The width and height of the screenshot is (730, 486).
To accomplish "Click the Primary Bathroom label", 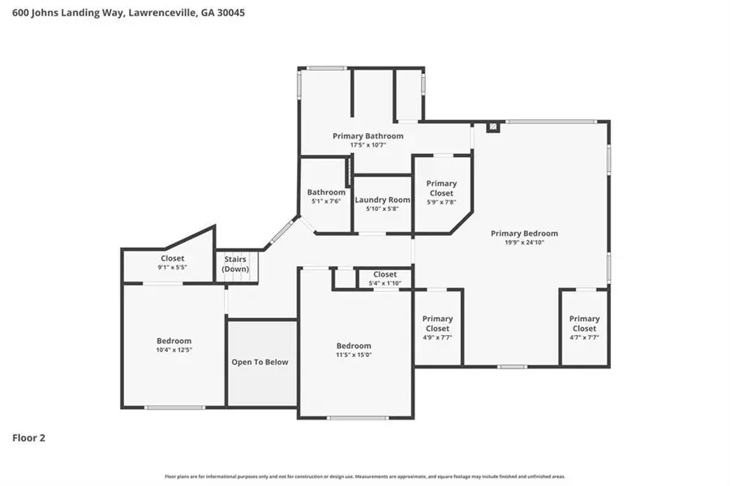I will (x=367, y=135).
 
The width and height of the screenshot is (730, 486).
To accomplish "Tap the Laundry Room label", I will (x=382, y=200).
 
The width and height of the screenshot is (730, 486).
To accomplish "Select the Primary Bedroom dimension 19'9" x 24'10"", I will (x=524, y=243).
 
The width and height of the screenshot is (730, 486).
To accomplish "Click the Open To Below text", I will (x=260, y=362).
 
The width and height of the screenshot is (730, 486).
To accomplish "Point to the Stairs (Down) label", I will (x=236, y=264).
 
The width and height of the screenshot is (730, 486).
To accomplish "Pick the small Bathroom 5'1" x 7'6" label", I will (x=326, y=192).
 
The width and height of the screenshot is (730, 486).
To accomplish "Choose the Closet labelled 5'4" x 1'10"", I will (x=384, y=278).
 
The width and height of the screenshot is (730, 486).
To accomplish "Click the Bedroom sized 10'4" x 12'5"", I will (x=174, y=345).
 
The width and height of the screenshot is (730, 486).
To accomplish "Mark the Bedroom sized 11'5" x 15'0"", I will (x=354, y=350).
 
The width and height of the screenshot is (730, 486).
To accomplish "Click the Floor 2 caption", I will (x=28, y=438).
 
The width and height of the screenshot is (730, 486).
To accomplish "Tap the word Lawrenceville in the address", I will (x=160, y=13).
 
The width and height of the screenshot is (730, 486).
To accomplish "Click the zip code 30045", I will (x=230, y=13).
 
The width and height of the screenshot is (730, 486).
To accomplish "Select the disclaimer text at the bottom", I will (x=365, y=476).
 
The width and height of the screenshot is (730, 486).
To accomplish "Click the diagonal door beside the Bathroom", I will (x=281, y=231).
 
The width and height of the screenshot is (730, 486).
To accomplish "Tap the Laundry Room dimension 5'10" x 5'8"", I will (x=382, y=209).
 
